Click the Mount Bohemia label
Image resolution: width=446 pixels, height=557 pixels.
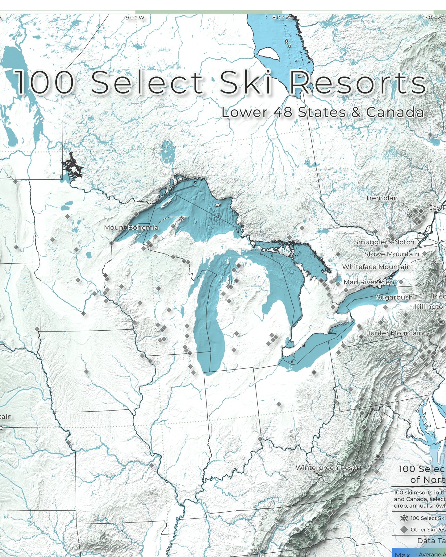click(x=131, y=228)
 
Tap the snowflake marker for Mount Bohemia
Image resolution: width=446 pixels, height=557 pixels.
click(x=182, y=218)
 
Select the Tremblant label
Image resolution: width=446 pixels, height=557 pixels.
click(x=383, y=198)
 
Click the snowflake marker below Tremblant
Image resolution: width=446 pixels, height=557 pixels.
click(x=410, y=215)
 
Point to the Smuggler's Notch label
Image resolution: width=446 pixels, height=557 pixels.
click(x=384, y=242)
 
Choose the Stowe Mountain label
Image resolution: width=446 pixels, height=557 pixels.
click(x=392, y=254)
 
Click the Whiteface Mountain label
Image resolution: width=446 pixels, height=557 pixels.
click(x=376, y=267)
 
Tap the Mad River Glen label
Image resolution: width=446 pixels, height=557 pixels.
click(x=369, y=282)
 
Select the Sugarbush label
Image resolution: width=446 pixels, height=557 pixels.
click(x=394, y=297)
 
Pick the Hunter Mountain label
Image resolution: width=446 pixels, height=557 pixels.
click(x=394, y=333)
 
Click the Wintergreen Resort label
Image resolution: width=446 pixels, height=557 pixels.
click(x=329, y=468)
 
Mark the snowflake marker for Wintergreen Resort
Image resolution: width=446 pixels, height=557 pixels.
click(x=378, y=456)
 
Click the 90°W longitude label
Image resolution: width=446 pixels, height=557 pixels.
click(x=135, y=18)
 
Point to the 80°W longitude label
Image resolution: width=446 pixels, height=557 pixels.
click(x=281, y=18)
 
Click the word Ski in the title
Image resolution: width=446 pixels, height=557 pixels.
click(x=245, y=82)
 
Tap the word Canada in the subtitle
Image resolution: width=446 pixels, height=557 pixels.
click(x=395, y=112)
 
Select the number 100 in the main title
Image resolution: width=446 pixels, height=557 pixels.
click(x=45, y=82)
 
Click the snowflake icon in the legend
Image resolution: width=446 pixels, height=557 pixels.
click(x=404, y=518)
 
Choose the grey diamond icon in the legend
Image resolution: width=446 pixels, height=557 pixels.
click(x=404, y=530)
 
